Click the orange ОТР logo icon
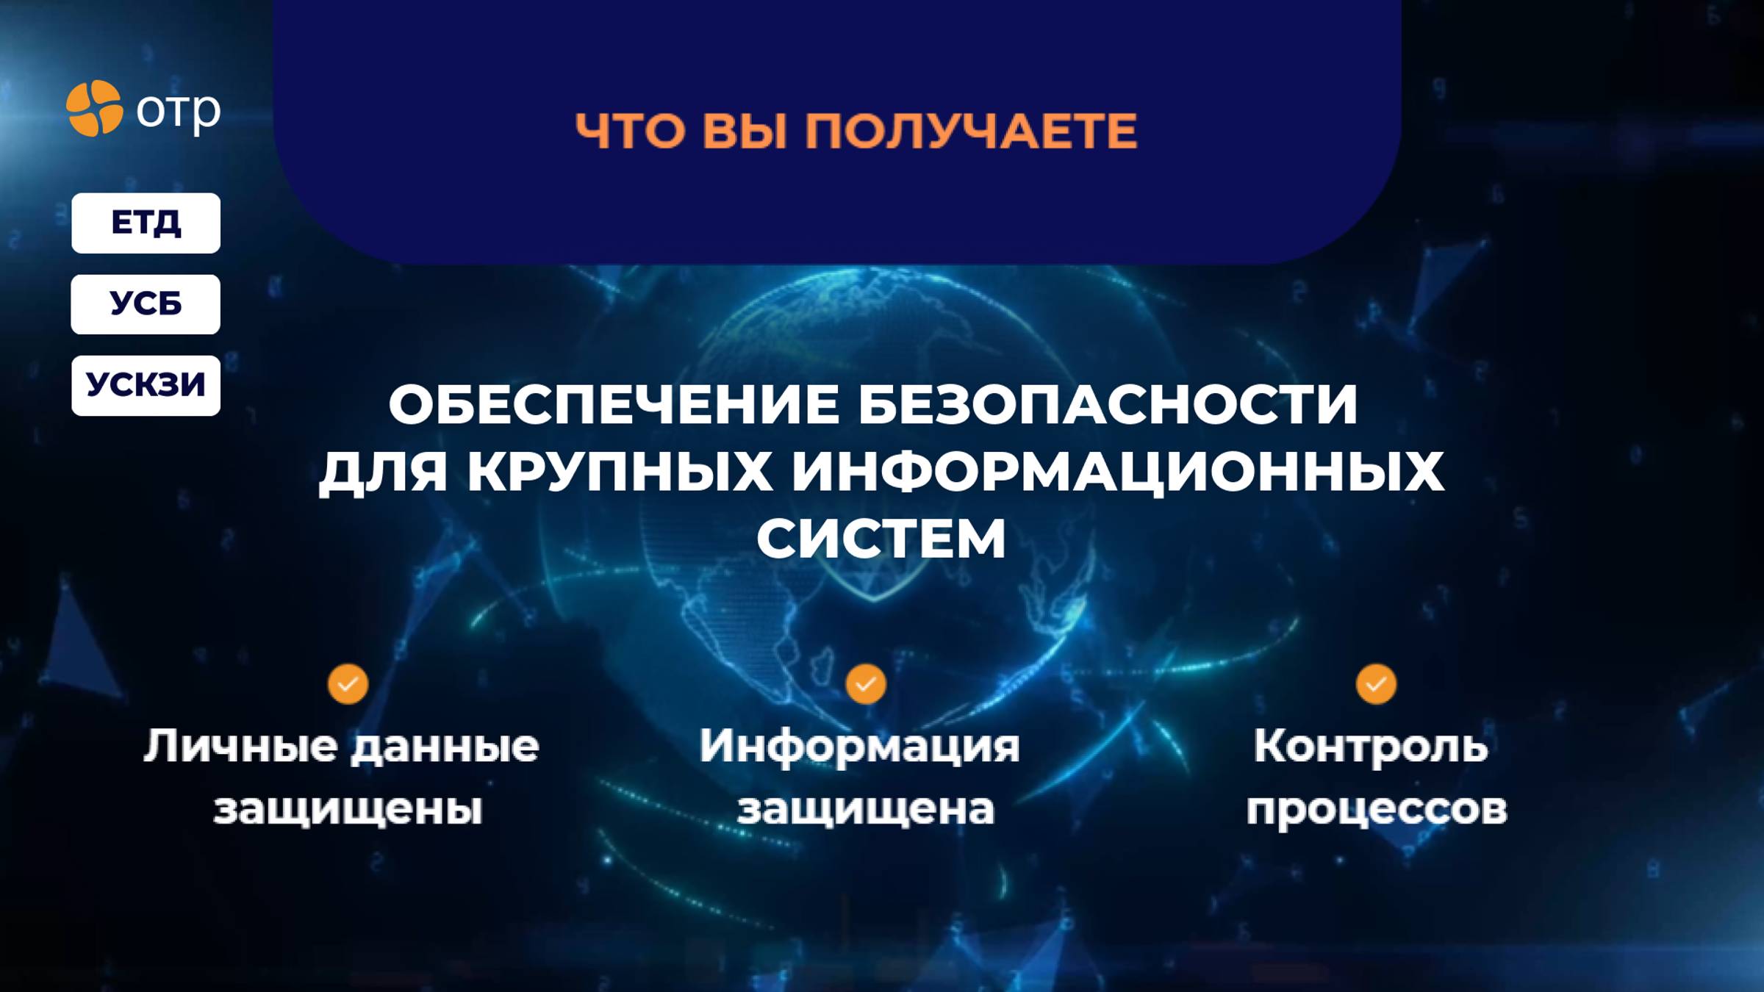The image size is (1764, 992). pyautogui.click(x=94, y=109)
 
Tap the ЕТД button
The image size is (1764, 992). pyautogui.click(x=146, y=223)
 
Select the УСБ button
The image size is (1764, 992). pyautogui.click(x=146, y=304)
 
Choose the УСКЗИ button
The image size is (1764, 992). pyautogui.click(x=146, y=385)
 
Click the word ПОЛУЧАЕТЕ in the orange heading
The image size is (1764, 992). pyautogui.click(x=971, y=132)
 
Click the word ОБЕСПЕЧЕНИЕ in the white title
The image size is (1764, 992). pyautogui.click(x=614, y=404)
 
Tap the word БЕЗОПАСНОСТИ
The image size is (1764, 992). pyautogui.click(x=1108, y=404)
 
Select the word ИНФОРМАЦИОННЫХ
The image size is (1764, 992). pyautogui.click(x=1117, y=471)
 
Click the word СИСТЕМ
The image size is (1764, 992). pyautogui.click(x=881, y=539)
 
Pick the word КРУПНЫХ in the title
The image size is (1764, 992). pyautogui.click(x=620, y=471)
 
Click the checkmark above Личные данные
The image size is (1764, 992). pyautogui.click(x=348, y=684)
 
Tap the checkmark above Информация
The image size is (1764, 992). pyautogui.click(x=866, y=684)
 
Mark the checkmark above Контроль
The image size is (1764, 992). pyautogui.click(x=1376, y=684)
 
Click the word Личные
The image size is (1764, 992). pyautogui.click(x=240, y=747)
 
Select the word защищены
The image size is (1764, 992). pyautogui.click(x=348, y=810)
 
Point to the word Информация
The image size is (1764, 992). pyautogui.click(x=859, y=747)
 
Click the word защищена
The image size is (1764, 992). pyautogui.click(x=866, y=810)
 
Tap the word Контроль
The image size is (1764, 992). pyautogui.click(x=1371, y=746)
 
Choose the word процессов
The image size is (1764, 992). pyautogui.click(x=1377, y=810)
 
